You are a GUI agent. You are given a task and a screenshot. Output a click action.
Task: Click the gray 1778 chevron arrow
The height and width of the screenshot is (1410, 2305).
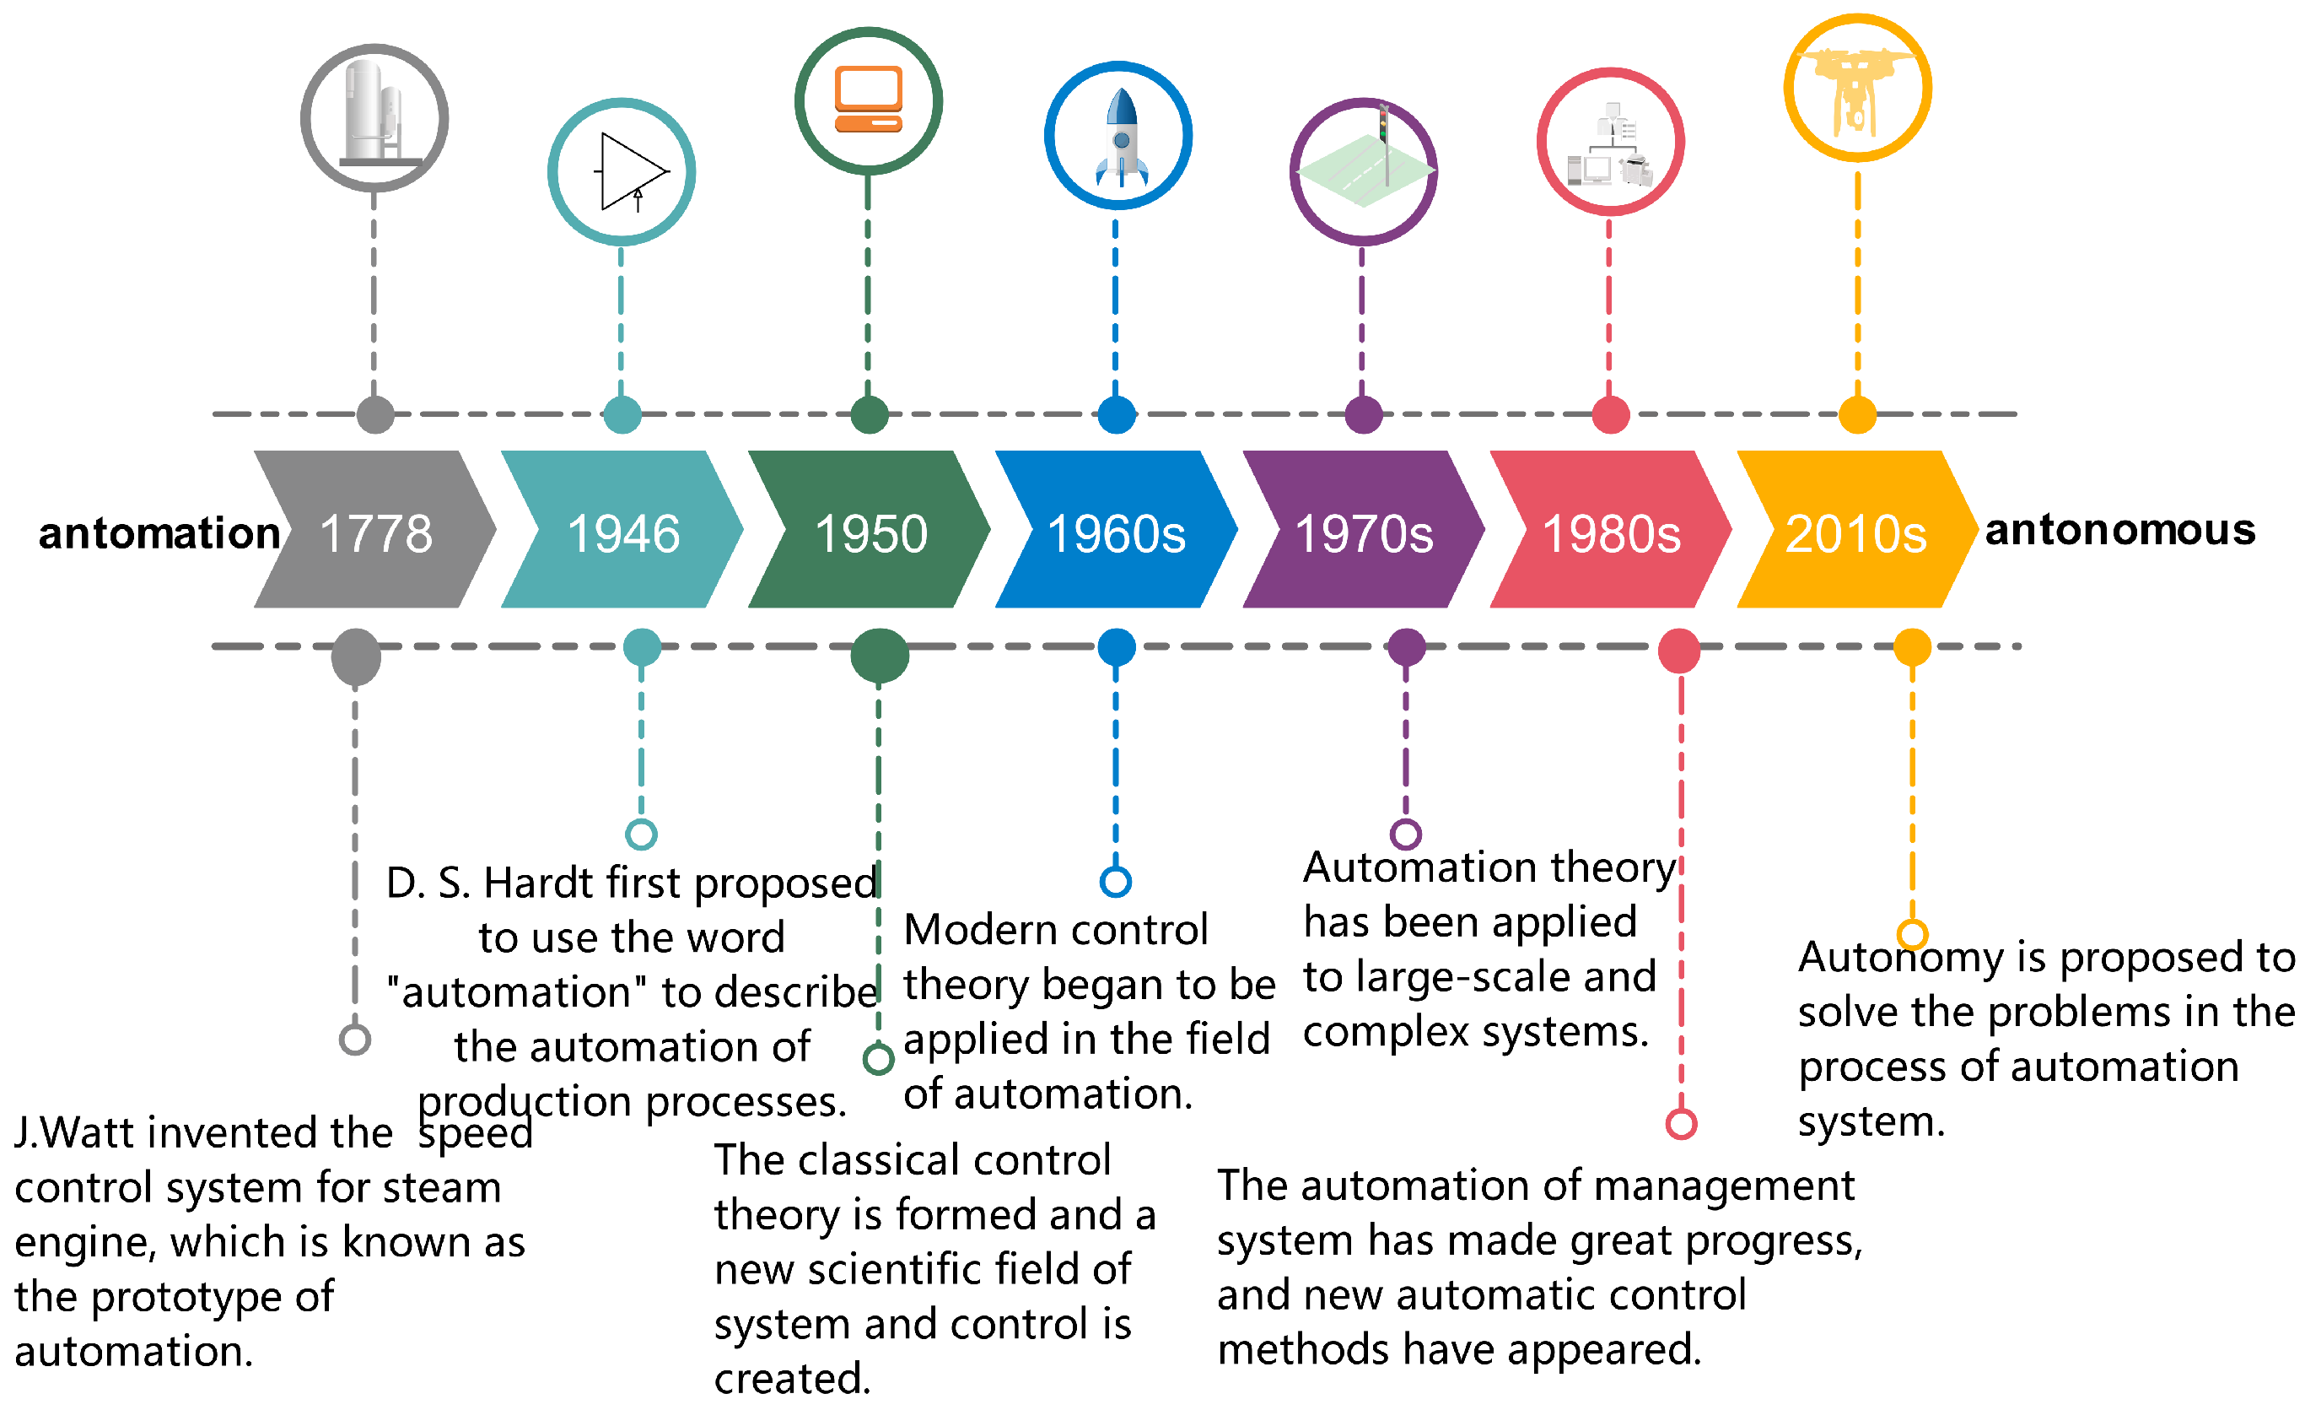[375, 531]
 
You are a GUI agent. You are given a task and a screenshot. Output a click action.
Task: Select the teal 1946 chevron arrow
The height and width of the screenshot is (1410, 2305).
[622, 531]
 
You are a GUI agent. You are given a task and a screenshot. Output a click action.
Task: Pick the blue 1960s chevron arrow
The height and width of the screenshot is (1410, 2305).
[1116, 531]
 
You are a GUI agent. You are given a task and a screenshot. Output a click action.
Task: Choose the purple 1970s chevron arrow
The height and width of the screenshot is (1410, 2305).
[1363, 531]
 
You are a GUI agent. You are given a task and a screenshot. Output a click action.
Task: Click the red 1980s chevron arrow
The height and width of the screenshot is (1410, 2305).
[1610, 531]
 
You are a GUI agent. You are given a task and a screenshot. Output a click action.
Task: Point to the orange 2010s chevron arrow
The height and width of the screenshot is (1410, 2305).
[1856, 531]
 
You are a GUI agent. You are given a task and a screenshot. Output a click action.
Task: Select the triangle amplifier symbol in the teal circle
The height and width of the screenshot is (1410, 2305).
[632, 172]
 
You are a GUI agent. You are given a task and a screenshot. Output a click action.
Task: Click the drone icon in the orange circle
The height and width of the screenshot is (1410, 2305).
[1857, 89]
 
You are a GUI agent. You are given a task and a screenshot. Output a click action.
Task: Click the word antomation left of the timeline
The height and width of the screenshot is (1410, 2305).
[159, 533]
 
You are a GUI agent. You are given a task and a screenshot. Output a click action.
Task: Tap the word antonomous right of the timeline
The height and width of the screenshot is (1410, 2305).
[2119, 531]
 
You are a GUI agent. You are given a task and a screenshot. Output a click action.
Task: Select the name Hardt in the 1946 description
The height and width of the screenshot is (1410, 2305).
[537, 883]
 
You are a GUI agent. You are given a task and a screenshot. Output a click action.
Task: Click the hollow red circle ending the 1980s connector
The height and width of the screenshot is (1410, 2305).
[1681, 1124]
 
